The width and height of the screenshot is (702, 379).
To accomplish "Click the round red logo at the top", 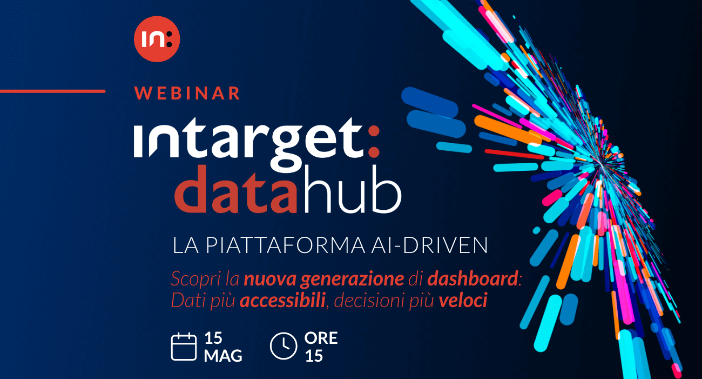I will coord(157,39).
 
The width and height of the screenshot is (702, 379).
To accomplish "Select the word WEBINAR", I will coord(187,93).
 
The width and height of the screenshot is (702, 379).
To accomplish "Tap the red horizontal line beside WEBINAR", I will coord(52,91).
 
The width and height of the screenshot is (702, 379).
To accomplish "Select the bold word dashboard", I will coord(473,279).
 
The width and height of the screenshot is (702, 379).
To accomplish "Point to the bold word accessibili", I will coord(282,301).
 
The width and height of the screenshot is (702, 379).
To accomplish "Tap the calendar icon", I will coord(184,347).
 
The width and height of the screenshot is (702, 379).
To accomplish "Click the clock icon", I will coord(283,347).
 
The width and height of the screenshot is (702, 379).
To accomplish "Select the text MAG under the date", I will coord(223,356).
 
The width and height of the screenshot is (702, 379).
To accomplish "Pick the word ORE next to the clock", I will coord(321,338).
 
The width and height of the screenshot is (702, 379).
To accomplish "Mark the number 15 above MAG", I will coord(213,338).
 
